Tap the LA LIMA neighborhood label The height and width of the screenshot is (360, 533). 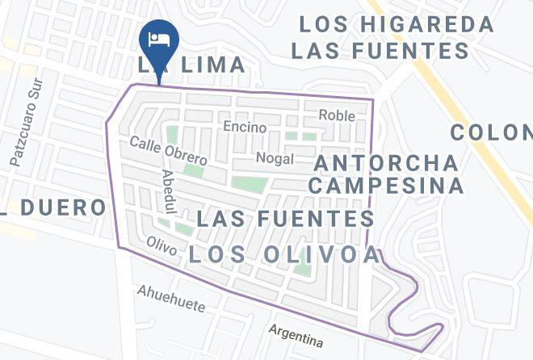tap(191, 65)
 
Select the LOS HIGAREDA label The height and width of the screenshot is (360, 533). tap(396, 23)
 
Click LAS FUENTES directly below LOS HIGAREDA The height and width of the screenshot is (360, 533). tap(380, 52)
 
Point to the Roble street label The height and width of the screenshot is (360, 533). tap(337, 115)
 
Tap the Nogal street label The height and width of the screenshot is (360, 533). tap(274, 157)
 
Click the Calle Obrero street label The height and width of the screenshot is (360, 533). tap(168, 151)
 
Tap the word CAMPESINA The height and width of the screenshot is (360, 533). tap(388, 186)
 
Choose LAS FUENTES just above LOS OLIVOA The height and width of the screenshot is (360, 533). tap(285, 219)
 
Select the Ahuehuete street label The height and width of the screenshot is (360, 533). tap(170, 299)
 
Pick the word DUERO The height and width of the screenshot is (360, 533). tap(63, 207)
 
